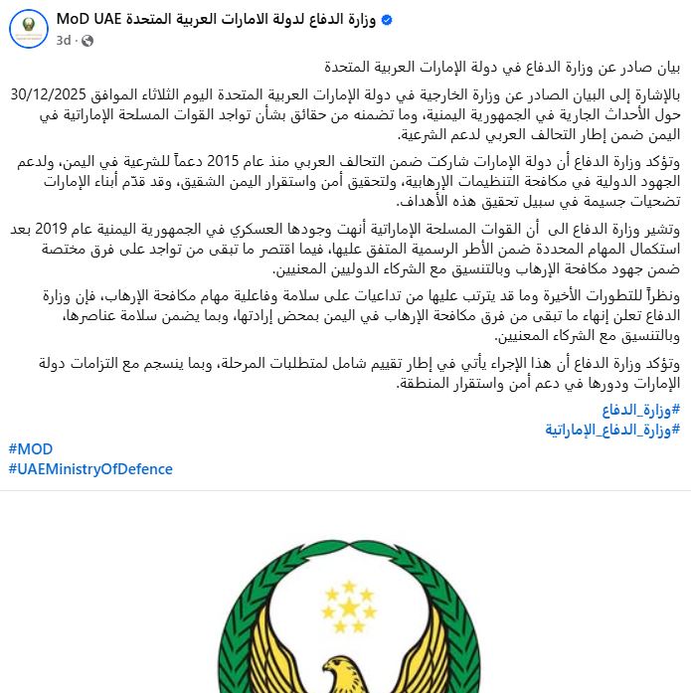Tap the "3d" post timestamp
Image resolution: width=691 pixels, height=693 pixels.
point(64,40)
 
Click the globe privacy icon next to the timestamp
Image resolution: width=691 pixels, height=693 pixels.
point(86,41)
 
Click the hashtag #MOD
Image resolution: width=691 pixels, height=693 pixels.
point(31,449)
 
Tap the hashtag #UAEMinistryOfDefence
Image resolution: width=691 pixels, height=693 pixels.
point(90,469)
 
